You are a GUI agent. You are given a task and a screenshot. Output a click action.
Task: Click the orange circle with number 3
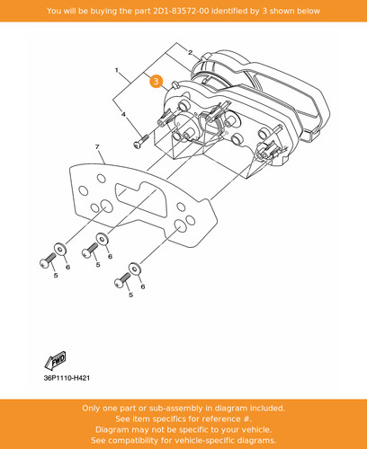click(x=156, y=81)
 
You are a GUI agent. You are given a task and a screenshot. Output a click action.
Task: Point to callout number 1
click(x=117, y=70)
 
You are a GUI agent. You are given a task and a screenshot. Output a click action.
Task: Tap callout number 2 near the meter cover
click(x=190, y=53)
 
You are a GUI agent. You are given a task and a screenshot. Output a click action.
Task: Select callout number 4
click(x=123, y=114)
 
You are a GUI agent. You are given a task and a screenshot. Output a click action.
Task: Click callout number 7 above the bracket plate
click(x=97, y=146)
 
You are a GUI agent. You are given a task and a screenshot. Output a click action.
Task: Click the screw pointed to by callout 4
click(x=140, y=141)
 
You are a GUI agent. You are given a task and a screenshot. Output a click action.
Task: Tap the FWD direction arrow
click(x=56, y=360)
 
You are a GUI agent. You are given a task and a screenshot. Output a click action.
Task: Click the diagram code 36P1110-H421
click(x=67, y=378)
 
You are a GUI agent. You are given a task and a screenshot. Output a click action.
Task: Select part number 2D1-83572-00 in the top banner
click(x=181, y=11)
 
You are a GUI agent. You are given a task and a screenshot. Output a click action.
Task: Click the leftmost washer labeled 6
click(x=60, y=249)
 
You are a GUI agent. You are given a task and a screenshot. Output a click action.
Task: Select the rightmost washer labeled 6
click(x=135, y=269)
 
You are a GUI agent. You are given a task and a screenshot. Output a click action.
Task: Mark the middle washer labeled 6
click(x=103, y=239)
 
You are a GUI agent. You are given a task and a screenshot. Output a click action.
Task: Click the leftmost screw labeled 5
click(x=48, y=260)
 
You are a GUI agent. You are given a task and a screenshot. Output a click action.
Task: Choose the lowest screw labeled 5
click(x=122, y=280)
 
